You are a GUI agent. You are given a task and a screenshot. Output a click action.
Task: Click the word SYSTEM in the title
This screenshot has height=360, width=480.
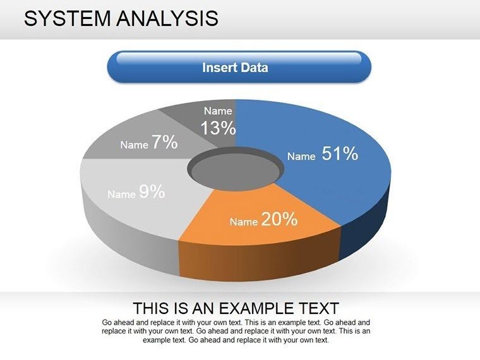(x=68, y=18)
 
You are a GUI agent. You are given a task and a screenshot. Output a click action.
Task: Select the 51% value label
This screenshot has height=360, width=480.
(x=340, y=153)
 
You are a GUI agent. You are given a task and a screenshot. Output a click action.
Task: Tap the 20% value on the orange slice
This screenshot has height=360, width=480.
(x=279, y=219)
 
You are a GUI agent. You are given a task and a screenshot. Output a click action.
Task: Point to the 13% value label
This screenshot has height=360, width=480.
(x=218, y=128)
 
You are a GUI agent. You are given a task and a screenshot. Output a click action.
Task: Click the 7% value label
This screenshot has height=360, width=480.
(x=164, y=143)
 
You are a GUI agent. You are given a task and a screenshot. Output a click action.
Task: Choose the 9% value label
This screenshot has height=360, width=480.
(x=152, y=192)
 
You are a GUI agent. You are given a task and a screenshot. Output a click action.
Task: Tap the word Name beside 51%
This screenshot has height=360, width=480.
(x=301, y=157)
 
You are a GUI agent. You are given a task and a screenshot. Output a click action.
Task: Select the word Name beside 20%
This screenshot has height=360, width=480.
(x=243, y=222)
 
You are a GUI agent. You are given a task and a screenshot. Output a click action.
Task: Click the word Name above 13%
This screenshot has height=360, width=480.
(x=218, y=111)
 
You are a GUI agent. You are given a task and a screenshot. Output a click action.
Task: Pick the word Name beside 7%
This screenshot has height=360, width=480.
(x=134, y=145)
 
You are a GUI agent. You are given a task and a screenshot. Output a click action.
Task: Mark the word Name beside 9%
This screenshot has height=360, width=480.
(x=121, y=195)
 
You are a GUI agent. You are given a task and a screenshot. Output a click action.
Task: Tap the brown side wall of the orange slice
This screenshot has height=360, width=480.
(x=259, y=259)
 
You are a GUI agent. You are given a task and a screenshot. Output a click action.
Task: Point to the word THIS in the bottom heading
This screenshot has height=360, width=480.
(x=152, y=309)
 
